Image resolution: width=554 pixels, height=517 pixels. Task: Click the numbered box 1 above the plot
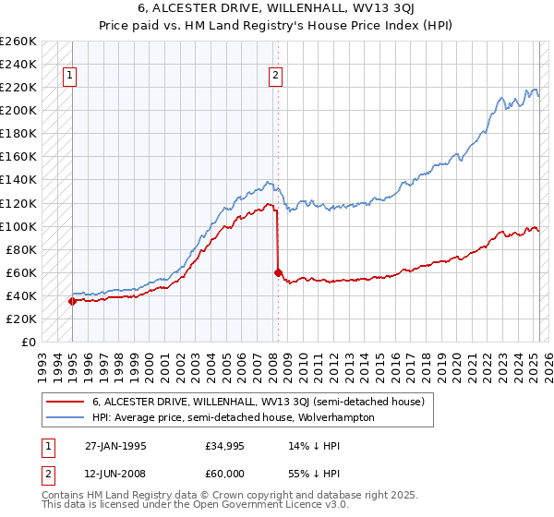[71, 77]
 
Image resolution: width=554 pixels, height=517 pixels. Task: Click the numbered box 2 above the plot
[275, 77]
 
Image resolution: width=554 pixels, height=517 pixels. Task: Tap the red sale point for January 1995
[72, 301]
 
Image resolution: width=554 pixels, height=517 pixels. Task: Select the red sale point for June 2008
[278, 272]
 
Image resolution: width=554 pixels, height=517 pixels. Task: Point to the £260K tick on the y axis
[18, 42]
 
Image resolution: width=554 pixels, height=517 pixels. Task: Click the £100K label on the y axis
[18, 226]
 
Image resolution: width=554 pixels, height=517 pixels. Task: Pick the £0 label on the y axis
[30, 342]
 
